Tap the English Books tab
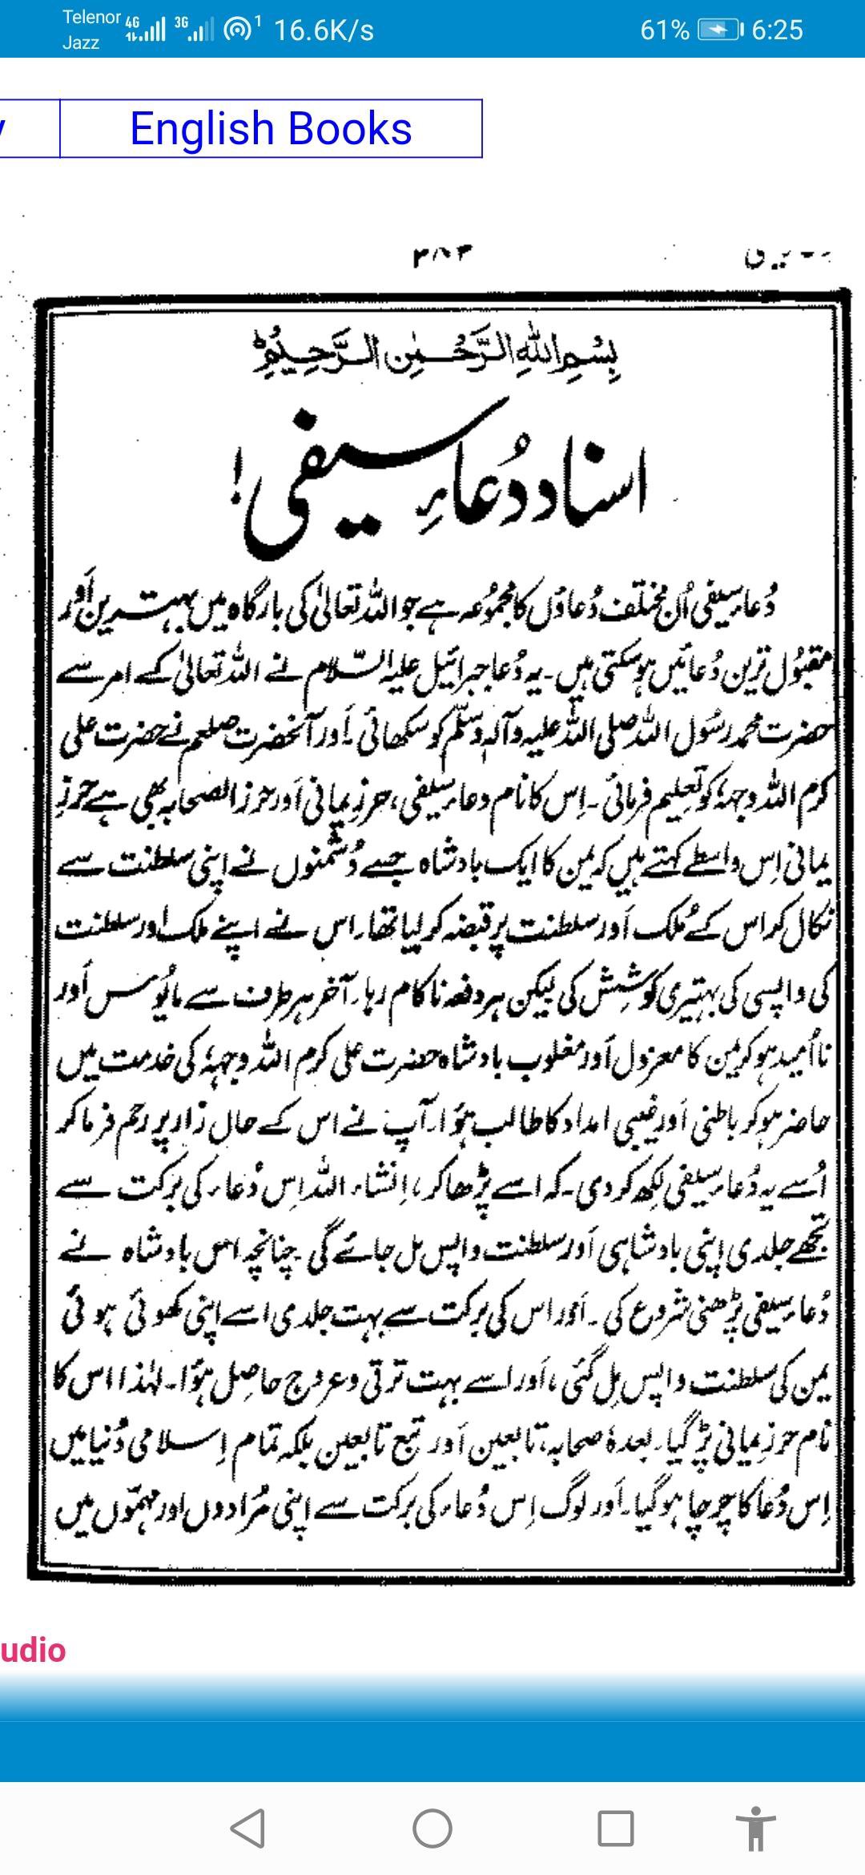click(x=271, y=129)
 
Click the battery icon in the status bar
click(x=719, y=30)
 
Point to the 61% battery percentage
click(x=665, y=30)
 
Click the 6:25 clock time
click(x=777, y=30)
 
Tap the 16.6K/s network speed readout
click(x=324, y=30)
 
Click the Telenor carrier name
click(x=91, y=18)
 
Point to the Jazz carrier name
click(x=81, y=43)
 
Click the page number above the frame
click(x=441, y=256)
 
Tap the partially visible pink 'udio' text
click(x=32, y=1651)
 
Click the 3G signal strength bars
click(x=195, y=30)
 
